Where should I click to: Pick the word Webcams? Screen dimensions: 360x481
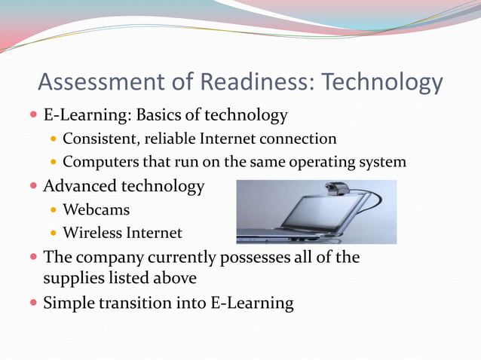[x=96, y=209]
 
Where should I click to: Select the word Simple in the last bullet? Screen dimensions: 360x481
[x=71, y=304]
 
